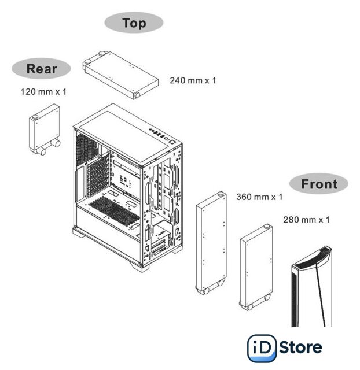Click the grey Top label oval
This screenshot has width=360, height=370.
[134, 23]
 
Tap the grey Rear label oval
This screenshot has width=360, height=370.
[41, 69]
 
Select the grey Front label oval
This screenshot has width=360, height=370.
[319, 184]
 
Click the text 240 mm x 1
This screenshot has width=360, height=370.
[193, 80]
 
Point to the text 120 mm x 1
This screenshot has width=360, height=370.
[43, 92]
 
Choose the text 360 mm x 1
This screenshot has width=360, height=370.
[259, 197]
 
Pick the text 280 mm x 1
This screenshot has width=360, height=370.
[306, 220]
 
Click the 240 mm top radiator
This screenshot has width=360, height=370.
[120, 75]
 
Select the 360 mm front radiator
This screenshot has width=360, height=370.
[211, 243]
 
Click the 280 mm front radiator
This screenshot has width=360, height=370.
[256, 267]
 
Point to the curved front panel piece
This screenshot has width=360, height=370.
[312, 286]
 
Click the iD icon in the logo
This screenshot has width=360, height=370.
[262, 348]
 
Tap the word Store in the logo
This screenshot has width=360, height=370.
[300, 347]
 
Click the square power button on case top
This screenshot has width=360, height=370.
[172, 142]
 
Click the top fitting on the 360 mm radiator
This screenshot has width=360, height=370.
[221, 194]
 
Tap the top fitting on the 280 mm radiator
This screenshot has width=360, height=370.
[267, 226]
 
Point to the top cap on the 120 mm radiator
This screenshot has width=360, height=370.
[35, 117]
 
